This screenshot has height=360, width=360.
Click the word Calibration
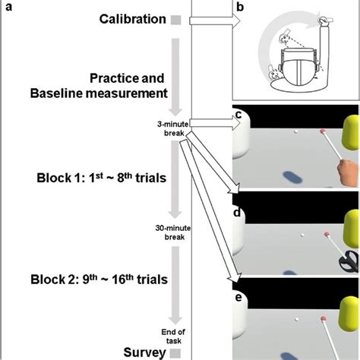[x=132, y=19]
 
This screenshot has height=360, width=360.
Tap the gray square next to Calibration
[x=176, y=20]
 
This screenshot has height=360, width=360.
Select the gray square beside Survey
[x=175, y=353]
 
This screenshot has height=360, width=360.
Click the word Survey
[x=144, y=352]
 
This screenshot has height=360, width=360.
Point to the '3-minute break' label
[x=173, y=128]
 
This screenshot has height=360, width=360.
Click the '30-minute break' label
[x=173, y=232]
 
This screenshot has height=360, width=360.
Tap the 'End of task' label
[x=173, y=336]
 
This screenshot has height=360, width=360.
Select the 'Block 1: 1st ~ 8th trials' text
[x=102, y=178]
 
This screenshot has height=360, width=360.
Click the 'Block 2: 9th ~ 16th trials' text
[x=99, y=279]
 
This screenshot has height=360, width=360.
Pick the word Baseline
[x=56, y=93]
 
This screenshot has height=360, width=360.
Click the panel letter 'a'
[x=9, y=7]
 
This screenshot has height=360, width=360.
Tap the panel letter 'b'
[x=240, y=7]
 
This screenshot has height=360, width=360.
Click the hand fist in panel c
[x=348, y=173]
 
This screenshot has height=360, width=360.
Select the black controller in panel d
[x=349, y=261]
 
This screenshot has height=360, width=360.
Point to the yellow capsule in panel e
[x=349, y=314]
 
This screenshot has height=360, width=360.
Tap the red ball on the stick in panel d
[x=327, y=235]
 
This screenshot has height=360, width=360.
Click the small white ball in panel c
[x=295, y=131]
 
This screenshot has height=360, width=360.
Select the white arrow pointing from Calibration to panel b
[x=215, y=21]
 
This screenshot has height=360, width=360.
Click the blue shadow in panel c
[x=292, y=177]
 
